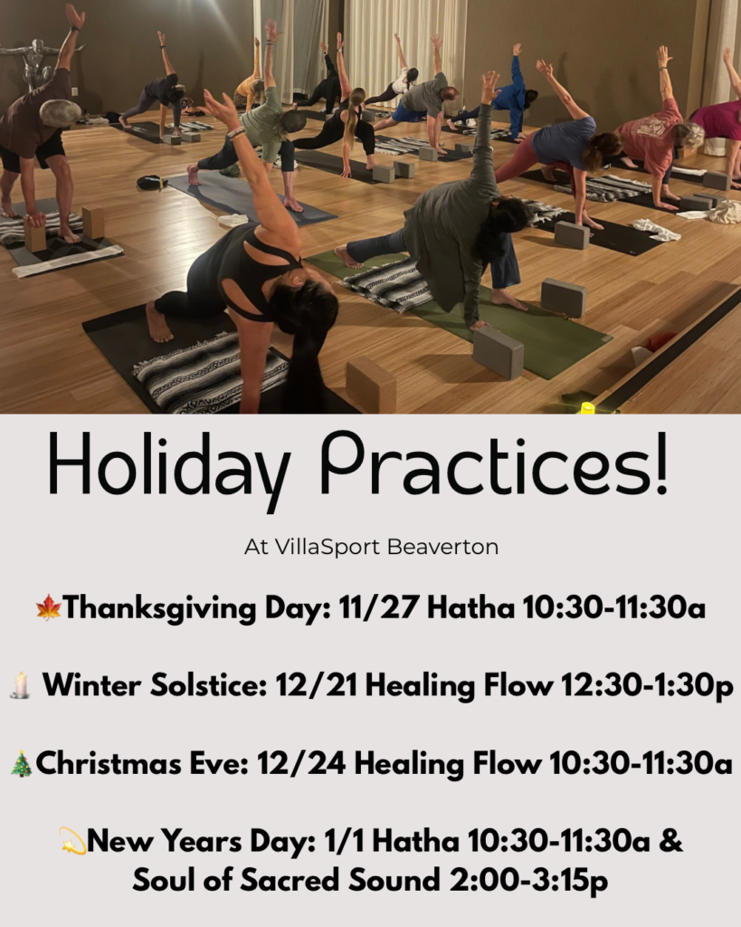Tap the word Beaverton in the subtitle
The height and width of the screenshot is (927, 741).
click(x=443, y=546)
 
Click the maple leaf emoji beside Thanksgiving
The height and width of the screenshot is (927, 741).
click(x=49, y=607)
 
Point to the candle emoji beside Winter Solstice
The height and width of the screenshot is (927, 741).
click(x=21, y=685)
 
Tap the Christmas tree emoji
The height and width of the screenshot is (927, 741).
click(x=22, y=763)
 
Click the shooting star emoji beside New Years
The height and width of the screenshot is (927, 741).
click(x=72, y=841)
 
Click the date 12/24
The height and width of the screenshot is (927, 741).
click(x=301, y=763)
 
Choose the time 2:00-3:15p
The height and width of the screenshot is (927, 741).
click(x=529, y=881)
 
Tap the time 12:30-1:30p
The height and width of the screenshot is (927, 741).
click(x=647, y=686)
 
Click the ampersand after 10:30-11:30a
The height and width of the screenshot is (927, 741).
click(x=670, y=841)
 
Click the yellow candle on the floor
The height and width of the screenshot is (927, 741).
click(x=587, y=407)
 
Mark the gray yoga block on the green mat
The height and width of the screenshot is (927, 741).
click(x=498, y=352)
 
